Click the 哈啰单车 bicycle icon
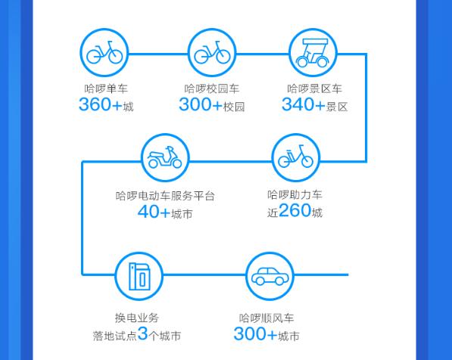pyautogui.click(x=104, y=52)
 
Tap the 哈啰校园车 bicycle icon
pyautogui.click(x=212, y=52)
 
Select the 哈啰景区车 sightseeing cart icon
pyautogui.click(x=313, y=53)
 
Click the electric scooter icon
pyautogui.click(x=164, y=157)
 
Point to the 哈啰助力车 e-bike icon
pyautogui.click(x=295, y=157)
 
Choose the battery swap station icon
pyautogui.click(x=139, y=277)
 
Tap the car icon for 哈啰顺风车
pyautogui.click(x=270, y=277)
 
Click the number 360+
pyautogui.click(x=100, y=104)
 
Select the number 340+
pyautogui.click(x=304, y=104)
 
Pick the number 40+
pyautogui.click(x=154, y=212)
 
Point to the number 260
pyautogui.click(x=295, y=210)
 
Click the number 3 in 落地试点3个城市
pyautogui.click(x=142, y=334)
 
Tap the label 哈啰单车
pyautogui.click(x=106, y=88)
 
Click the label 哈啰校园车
pyautogui.click(x=212, y=88)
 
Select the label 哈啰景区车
pyautogui.click(x=314, y=88)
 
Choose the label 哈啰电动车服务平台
pyautogui.click(x=165, y=196)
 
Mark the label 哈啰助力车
pyautogui.click(x=295, y=194)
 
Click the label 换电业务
pyautogui.click(x=137, y=318)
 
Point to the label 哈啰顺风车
pyautogui.click(x=267, y=318)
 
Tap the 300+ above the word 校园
pyautogui.click(x=201, y=104)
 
